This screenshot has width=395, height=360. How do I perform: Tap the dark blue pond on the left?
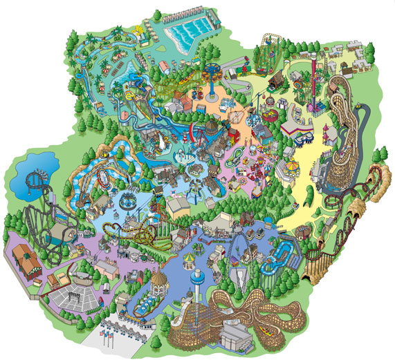click(x=24, y=169)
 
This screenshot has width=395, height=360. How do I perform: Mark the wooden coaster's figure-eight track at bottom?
click(x=291, y=314)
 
